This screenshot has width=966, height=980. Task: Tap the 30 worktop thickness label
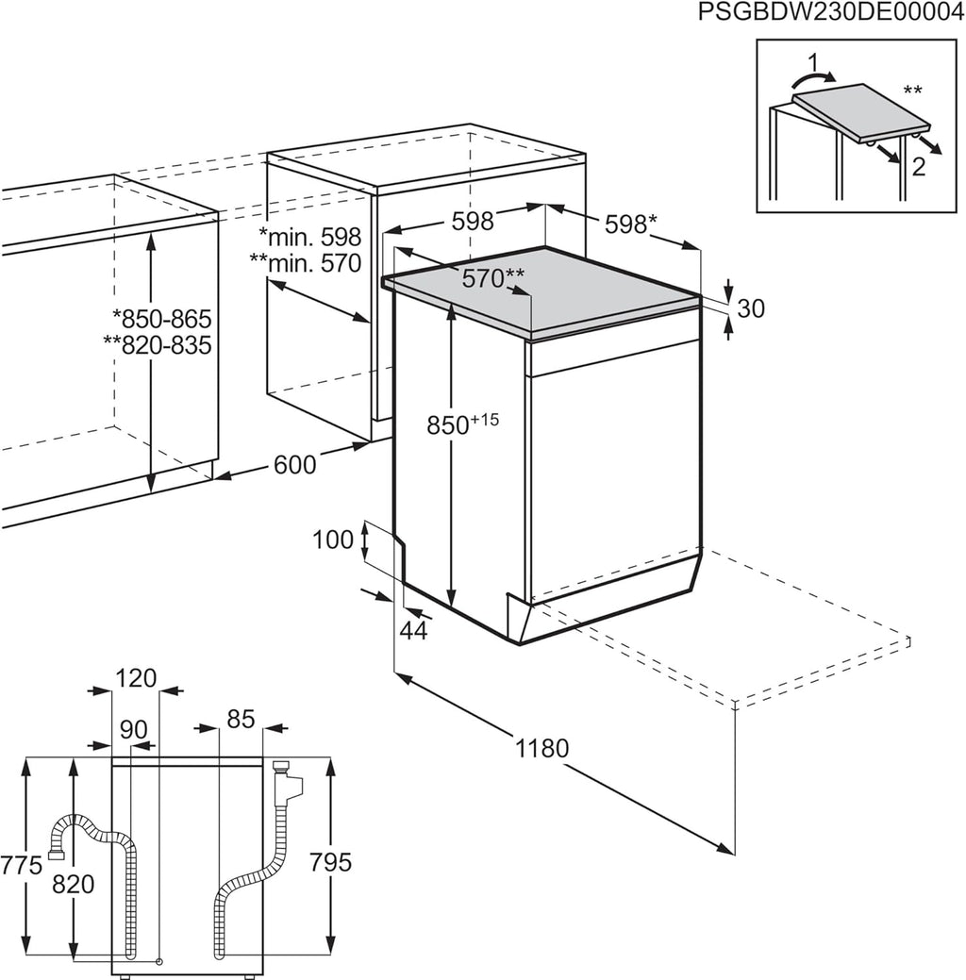(751, 308)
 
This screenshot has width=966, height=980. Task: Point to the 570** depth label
(492, 279)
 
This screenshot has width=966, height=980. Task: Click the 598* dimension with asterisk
(629, 224)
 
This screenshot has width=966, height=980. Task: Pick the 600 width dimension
(295, 464)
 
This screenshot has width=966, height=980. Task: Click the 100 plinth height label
(331, 540)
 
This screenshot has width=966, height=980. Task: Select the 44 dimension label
(412, 631)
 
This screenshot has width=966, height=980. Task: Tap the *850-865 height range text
(161, 318)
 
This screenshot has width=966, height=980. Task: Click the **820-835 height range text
(158, 345)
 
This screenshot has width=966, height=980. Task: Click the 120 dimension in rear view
(136, 677)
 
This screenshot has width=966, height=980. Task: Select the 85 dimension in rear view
(241, 719)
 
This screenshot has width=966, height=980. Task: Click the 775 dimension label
(21, 864)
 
